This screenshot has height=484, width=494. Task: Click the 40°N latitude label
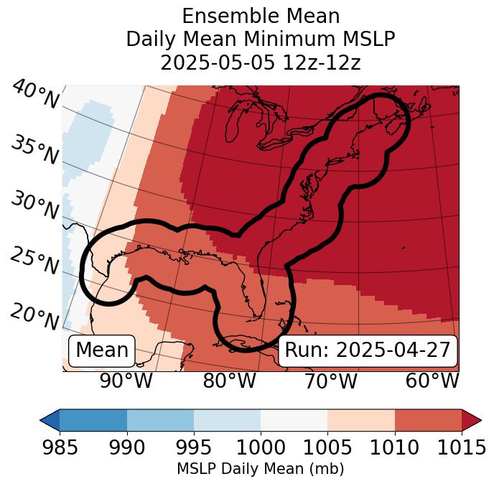point(35,95)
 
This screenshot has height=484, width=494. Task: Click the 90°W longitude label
point(126,381)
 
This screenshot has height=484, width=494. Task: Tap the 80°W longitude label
point(229,381)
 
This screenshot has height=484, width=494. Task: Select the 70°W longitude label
point(331,381)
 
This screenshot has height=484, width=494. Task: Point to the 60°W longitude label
point(432,381)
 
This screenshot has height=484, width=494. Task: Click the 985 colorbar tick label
point(60,447)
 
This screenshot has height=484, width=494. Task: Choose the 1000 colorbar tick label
point(261,447)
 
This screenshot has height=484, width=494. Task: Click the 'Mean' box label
point(102,350)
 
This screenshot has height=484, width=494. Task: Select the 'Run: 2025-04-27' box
point(367,350)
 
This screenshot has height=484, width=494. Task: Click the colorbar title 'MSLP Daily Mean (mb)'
point(260,469)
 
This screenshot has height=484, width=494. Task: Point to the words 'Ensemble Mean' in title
point(261,16)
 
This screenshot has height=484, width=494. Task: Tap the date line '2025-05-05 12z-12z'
point(261,62)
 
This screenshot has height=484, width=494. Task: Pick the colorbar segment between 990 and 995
point(160,420)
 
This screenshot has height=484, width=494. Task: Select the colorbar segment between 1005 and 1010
point(361,420)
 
